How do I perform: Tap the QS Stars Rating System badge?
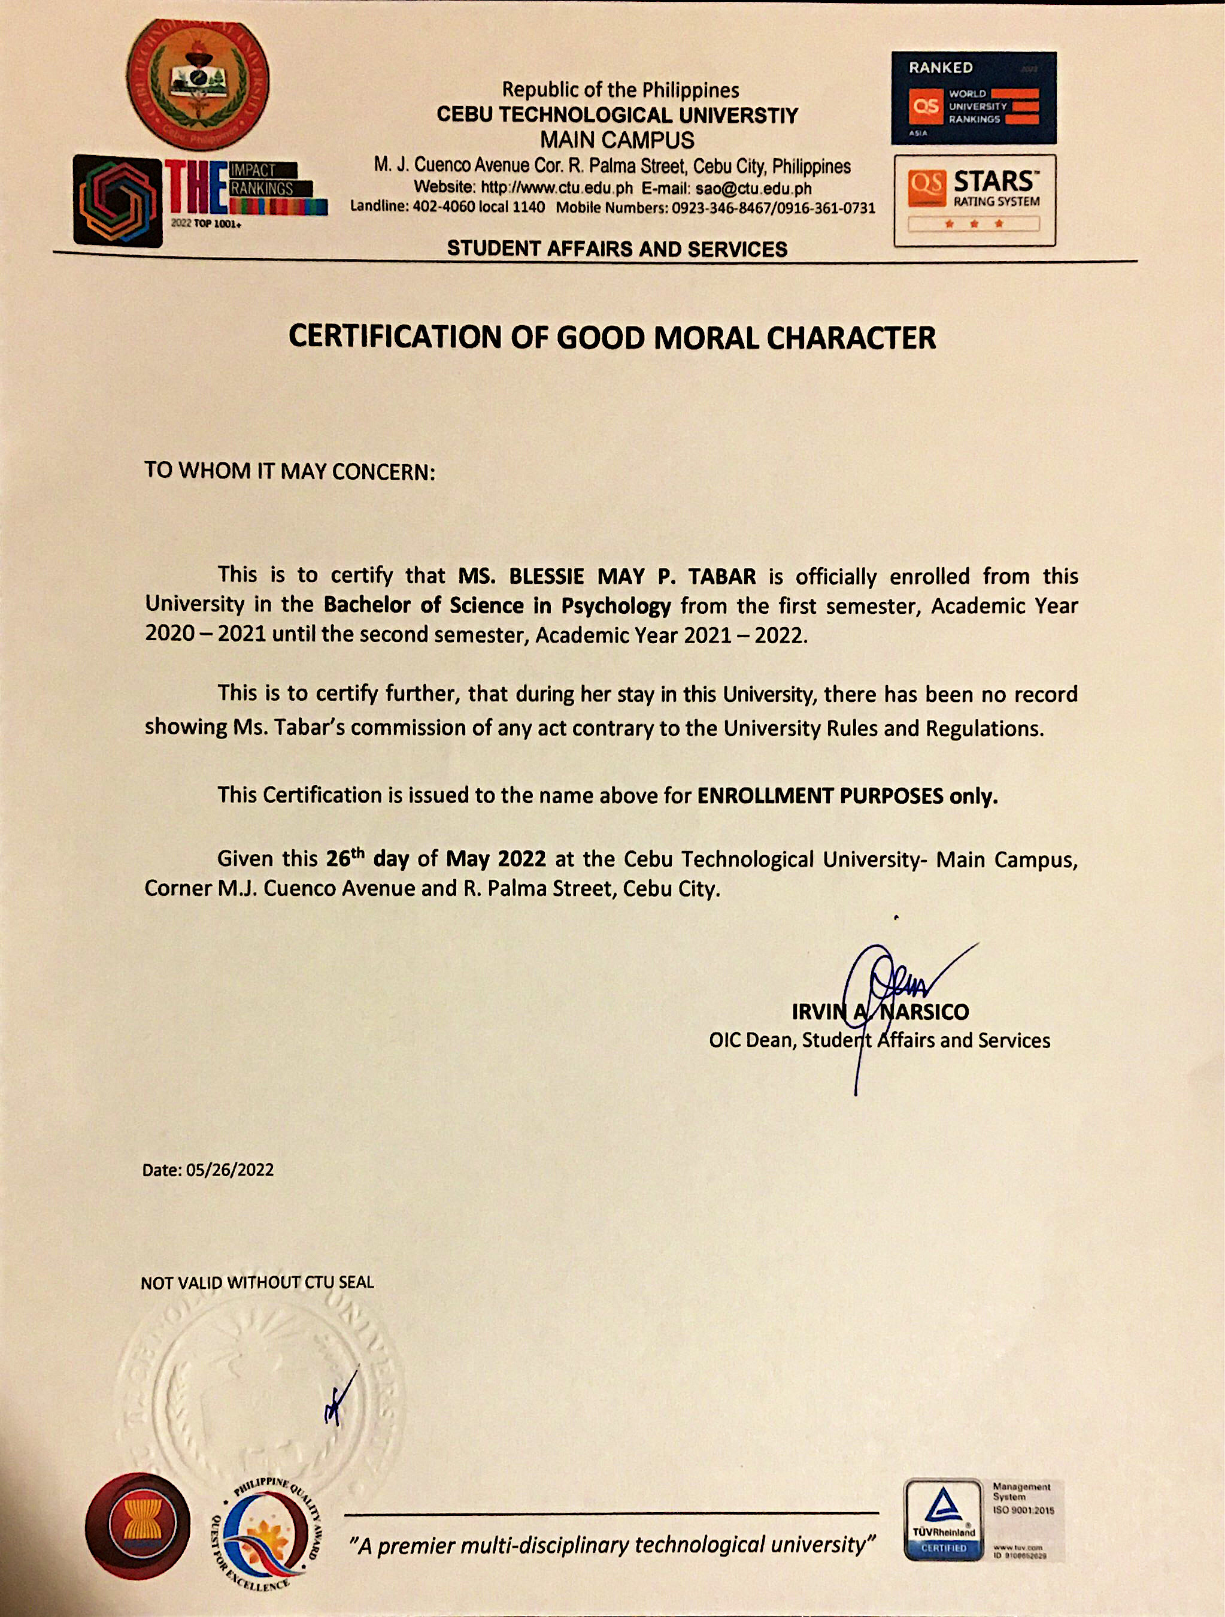pyautogui.click(x=974, y=199)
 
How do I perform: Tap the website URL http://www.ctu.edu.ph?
pyautogui.click(x=556, y=188)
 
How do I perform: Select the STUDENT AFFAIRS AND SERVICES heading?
pyautogui.click(x=617, y=249)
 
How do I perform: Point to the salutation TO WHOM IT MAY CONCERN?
pyautogui.click(x=289, y=471)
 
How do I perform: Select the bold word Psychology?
pyautogui.click(x=615, y=605)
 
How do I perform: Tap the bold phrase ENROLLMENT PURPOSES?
pyautogui.click(x=820, y=795)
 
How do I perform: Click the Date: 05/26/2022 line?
pyautogui.click(x=208, y=1170)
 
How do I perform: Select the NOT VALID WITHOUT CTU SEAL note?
pyautogui.click(x=257, y=1282)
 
